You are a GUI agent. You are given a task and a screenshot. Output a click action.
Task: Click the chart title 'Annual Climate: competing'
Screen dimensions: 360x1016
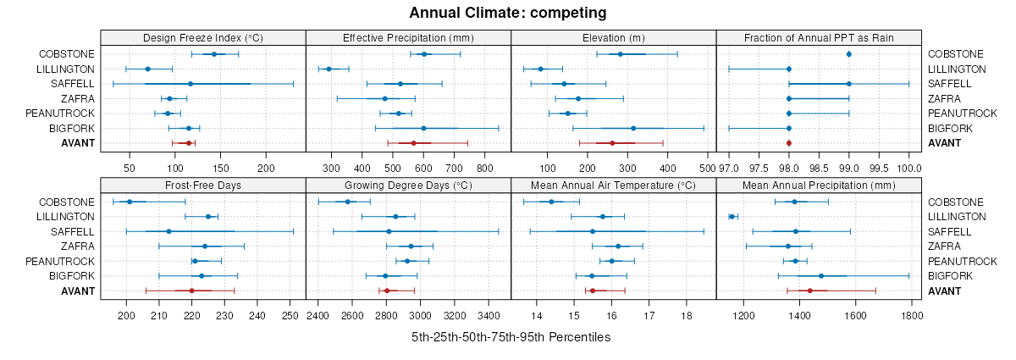508,13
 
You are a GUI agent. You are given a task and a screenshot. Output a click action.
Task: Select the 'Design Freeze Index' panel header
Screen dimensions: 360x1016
202,37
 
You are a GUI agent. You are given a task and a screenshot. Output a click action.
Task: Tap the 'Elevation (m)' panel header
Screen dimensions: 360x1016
614,37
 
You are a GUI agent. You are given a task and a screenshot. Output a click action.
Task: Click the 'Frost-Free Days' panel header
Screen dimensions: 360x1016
202,186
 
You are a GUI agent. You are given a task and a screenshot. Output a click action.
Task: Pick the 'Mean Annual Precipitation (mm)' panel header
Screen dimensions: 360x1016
819,186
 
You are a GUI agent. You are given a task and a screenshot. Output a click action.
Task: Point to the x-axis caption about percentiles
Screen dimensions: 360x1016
511,337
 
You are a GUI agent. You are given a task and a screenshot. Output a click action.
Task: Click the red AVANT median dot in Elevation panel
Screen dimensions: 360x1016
612,143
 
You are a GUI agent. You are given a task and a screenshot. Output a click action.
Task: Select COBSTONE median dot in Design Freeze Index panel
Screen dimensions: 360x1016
214,54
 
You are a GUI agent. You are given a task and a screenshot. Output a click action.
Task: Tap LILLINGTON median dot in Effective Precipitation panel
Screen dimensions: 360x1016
329,69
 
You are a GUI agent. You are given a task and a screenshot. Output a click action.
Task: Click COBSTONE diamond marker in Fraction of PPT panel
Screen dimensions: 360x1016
849,54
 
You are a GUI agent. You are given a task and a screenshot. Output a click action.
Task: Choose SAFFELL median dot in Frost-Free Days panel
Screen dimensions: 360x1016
169,231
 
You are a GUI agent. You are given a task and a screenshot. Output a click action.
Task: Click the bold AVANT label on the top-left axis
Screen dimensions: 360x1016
78,143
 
